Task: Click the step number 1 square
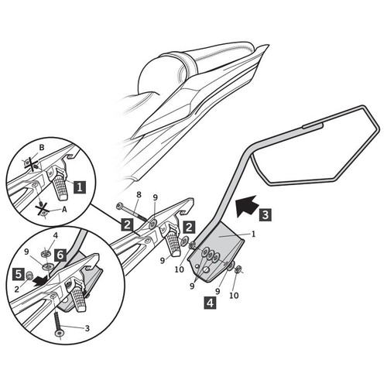[80, 187]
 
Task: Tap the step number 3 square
[265, 214]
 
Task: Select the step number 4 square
[211, 303]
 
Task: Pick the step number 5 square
[18, 274]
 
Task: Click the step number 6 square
[60, 255]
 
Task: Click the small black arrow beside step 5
[41, 280]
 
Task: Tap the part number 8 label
[139, 194]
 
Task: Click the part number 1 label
[254, 234]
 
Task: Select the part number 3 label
[87, 328]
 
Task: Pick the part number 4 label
[56, 235]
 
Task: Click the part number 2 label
[17, 289]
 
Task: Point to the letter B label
[42, 148]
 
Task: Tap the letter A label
[64, 210]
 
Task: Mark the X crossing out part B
[32, 164]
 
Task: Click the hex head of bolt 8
[120, 206]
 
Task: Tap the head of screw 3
[60, 334]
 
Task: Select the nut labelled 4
[46, 253]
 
